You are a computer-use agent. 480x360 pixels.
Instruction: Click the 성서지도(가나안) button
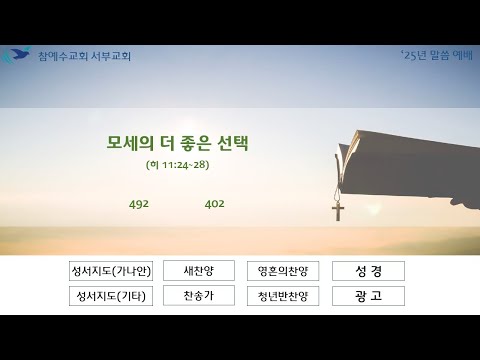[x=111, y=271]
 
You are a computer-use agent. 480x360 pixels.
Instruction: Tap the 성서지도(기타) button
[x=111, y=296]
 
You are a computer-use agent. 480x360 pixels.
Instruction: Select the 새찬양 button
[x=199, y=270]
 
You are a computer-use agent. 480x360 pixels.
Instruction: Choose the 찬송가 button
[x=199, y=295]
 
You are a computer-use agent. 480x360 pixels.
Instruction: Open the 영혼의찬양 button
[x=283, y=271]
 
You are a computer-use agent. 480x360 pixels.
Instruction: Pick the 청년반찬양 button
[x=283, y=296]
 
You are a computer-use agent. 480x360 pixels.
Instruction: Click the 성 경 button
[x=368, y=271]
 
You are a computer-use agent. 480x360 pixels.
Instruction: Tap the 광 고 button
[x=368, y=296]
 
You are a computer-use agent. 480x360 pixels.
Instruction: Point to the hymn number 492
[x=139, y=204]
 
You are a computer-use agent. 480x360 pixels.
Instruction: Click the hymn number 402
[x=214, y=204]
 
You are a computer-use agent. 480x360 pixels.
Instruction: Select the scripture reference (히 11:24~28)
[x=178, y=165]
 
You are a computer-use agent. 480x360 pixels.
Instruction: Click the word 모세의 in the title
[x=130, y=143]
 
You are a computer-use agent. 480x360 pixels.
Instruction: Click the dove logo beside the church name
[x=16, y=55]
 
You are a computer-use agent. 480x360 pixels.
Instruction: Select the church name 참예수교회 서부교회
[x=84, y=56]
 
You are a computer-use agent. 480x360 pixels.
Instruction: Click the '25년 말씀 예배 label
[x=437, y=55]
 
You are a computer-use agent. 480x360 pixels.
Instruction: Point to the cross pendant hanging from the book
[x=338, y=211]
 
